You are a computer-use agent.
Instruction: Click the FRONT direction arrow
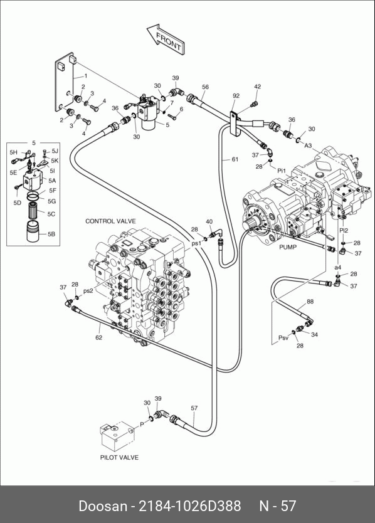click(166, 40)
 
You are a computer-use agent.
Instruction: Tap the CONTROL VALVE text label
click(110, 221)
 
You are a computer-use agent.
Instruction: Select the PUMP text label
click(288, 247)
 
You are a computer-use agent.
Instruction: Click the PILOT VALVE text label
click(119, 457)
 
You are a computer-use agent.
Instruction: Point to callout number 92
click(236, 96)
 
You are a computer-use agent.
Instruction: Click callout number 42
click(258, 87)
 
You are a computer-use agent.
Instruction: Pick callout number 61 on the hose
click(235, 159)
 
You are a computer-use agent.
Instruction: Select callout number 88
click(310, 302)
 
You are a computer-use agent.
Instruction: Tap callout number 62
click(98, 337)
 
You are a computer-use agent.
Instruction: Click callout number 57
click(194, 408)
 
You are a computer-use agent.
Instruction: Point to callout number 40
click(209, 221)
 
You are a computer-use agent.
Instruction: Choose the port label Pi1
click(282, 171)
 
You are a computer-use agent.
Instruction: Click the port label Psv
click(283, 338)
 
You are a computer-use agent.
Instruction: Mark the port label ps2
click(88, 291)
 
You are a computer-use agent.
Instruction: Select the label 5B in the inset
click(51, 234)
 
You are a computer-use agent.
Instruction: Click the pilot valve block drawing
click(117, 435)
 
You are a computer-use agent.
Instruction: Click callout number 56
click(206, 87)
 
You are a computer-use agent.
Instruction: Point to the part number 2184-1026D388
click(189, 505)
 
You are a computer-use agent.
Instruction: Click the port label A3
click(308, 145)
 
